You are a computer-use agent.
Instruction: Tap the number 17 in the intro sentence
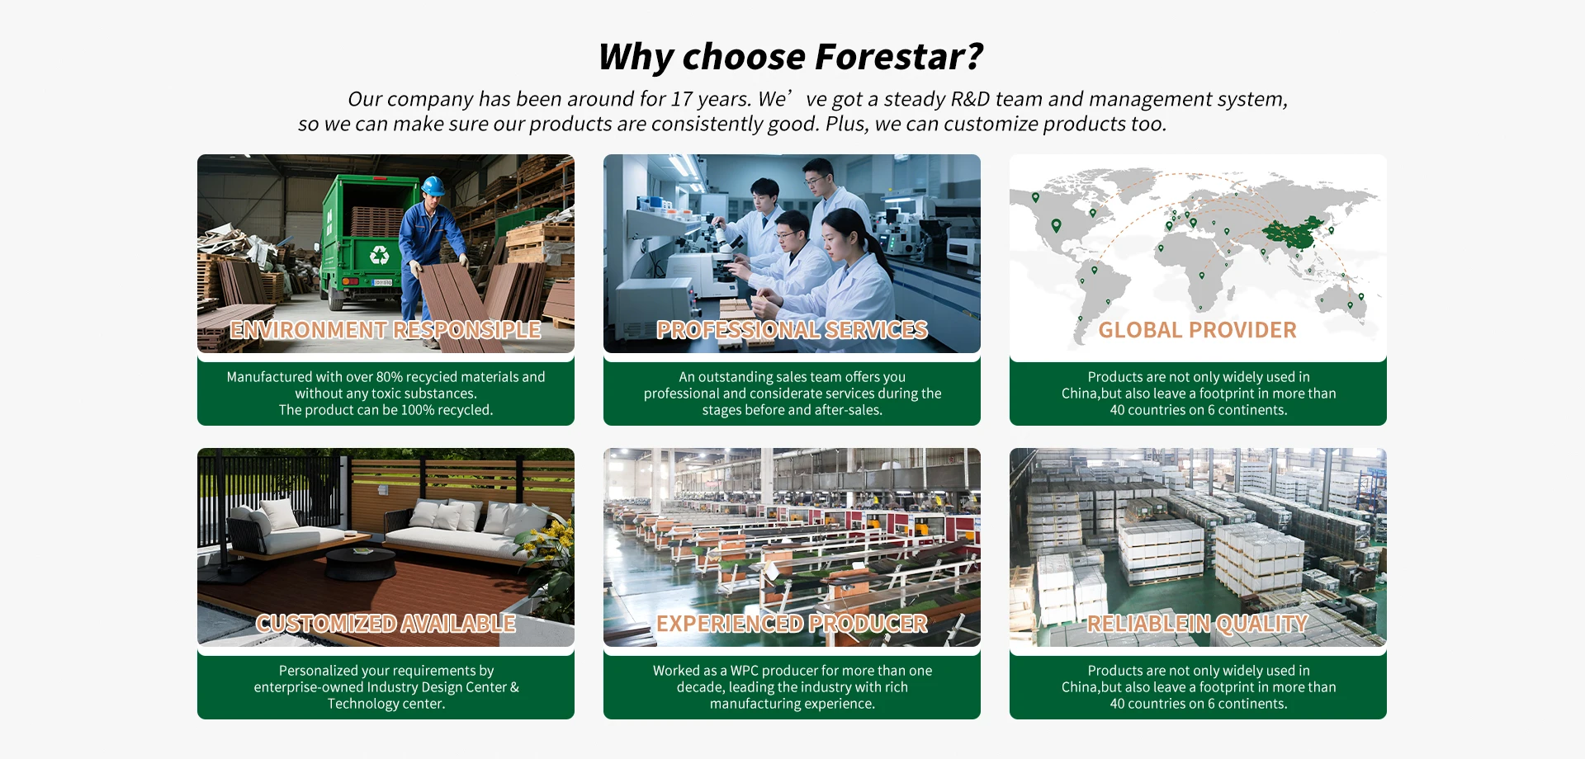coord(681,100)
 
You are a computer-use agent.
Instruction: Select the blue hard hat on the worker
coord(433,186)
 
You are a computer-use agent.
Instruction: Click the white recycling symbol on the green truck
coord(380,255)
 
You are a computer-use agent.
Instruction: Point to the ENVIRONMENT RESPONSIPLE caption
coord(386,330)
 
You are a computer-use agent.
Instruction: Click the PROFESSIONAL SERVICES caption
coord(792,330)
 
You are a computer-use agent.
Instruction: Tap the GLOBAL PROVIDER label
coord(1197,330)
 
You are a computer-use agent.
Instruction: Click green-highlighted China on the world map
coord(1294,233)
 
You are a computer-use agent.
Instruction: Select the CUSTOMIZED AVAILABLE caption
coord(386,624)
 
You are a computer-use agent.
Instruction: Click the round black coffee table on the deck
coord(361,563)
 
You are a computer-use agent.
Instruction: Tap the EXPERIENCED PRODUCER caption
coord(792,624)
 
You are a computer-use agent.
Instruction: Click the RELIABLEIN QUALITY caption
coord(1197,624)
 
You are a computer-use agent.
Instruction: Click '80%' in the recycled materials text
coord(389,377)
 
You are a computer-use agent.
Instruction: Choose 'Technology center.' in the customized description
coord(386,704)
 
